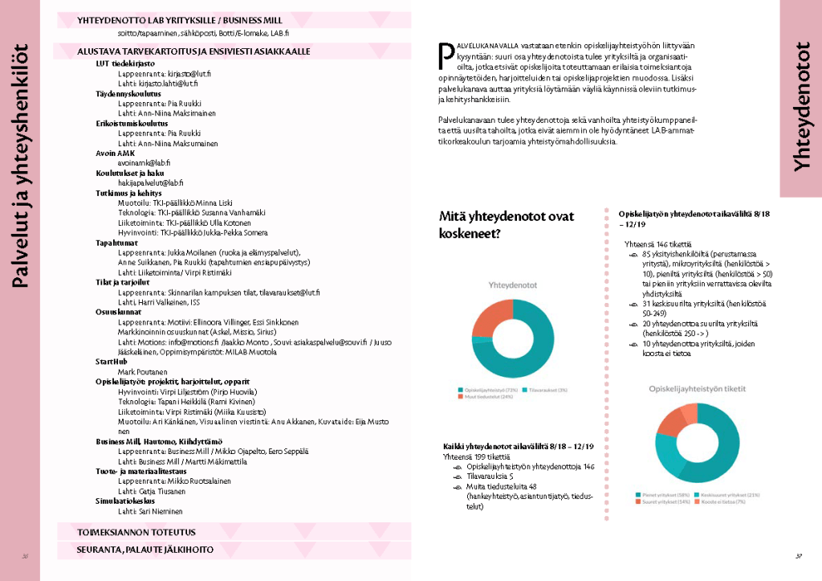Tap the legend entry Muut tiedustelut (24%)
(480, 396)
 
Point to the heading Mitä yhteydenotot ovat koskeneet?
(507, 225)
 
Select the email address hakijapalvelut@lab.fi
(151, 182)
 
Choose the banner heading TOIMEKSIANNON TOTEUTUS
(136, 532)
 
